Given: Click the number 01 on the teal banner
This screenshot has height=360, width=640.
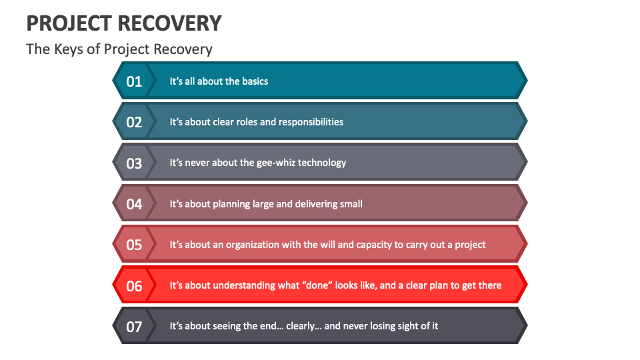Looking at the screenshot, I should point(134,81).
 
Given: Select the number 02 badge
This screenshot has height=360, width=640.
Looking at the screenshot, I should point(134,122).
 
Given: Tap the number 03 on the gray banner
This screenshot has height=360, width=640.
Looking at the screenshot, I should point(134,163).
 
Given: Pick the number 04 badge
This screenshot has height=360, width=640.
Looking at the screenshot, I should point(134,204).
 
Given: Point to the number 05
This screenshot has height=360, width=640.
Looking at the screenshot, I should point(134,245).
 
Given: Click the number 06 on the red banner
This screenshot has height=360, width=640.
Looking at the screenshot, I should point(134,286).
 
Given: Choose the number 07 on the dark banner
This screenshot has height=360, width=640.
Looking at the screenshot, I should point(134,327).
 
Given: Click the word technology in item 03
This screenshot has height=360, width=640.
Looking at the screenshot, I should point(321,163).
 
